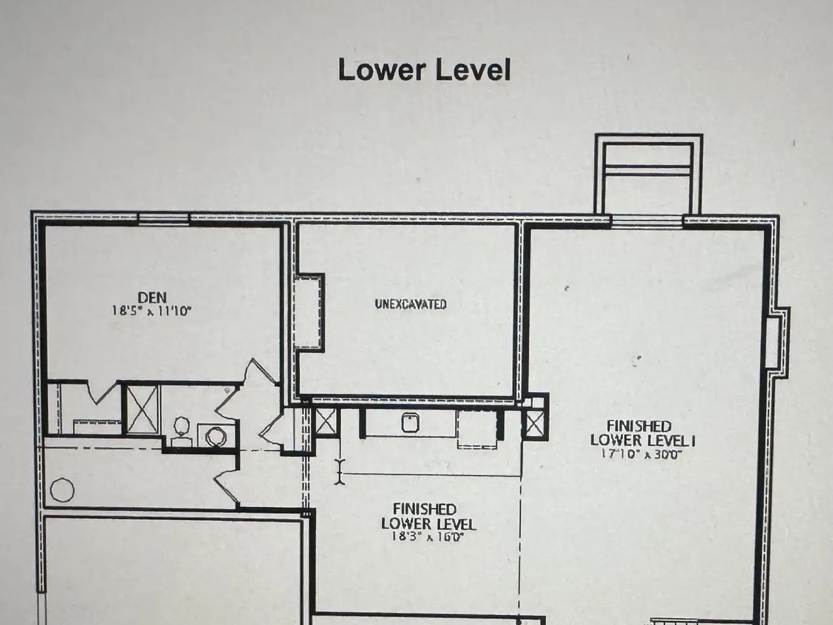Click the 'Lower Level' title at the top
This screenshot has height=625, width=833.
pos(424,70)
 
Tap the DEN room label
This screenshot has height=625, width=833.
pos(152,297)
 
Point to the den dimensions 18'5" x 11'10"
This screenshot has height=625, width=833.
pos(151,311)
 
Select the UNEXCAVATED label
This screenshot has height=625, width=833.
pos(411,304)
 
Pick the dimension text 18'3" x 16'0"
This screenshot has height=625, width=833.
pos(428,537)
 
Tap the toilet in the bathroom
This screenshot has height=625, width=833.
pos(182,431)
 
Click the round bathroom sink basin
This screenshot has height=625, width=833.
pos(216,436)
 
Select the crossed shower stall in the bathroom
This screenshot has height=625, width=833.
pos(142,409)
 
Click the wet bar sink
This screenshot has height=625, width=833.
pos(411,423)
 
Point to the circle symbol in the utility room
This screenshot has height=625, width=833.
pos(62,490)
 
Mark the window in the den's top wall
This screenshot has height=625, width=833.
pos(163,219)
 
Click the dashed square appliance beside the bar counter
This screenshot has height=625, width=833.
pos(478,430)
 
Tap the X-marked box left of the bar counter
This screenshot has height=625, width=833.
pos(325,422)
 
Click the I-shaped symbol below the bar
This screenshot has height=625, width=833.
pos(340,472)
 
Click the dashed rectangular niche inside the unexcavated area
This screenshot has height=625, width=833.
pos(308,312)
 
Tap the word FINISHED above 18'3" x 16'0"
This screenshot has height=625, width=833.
pos(425,509)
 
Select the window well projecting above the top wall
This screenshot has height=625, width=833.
pos(649,174)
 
